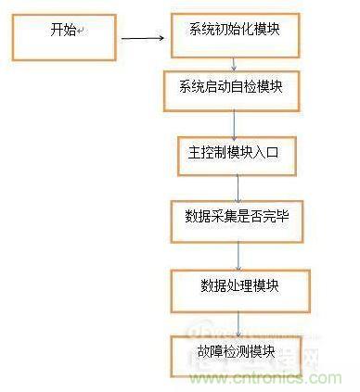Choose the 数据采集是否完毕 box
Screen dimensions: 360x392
(x=238, y=220)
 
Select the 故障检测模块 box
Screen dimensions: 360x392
(x=238, y=353)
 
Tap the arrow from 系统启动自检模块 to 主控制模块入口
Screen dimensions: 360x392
(x=236, y=123)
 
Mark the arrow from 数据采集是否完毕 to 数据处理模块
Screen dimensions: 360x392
(x=238, y=254)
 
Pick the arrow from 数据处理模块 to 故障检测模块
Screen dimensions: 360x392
(x=238, y=322)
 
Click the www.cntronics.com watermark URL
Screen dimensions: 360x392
(x=278, y=379)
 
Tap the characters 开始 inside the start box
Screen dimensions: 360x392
(x=61, y=31)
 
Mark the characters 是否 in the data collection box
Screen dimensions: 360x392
(x=244, y=219)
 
